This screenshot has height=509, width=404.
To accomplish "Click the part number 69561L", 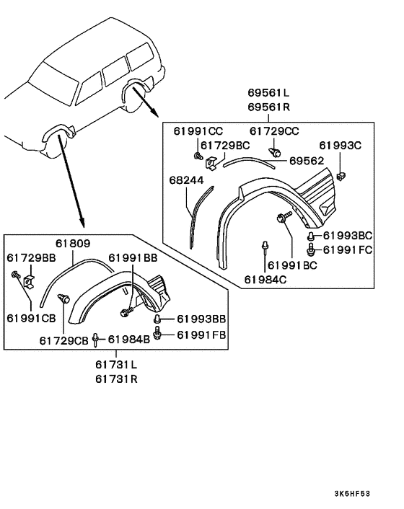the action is click(x=268, y=93).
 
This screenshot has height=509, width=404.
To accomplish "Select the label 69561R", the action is click(x=268, y=107).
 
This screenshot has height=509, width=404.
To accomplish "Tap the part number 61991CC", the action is click(x=198, y=131).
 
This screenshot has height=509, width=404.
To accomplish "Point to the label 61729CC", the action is click(x=274, y=131).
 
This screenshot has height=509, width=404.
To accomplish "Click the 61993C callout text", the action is click(x=340, y=146).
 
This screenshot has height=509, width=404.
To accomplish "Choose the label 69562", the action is click(x=307, y=161).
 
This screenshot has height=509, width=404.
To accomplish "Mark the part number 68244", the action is click(x=186, y=180).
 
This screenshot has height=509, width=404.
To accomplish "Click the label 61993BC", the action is click(x=348, y=236).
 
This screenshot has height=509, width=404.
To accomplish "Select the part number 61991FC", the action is click(x=348, y=250).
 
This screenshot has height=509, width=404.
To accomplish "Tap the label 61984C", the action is click(x=265, y=280).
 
